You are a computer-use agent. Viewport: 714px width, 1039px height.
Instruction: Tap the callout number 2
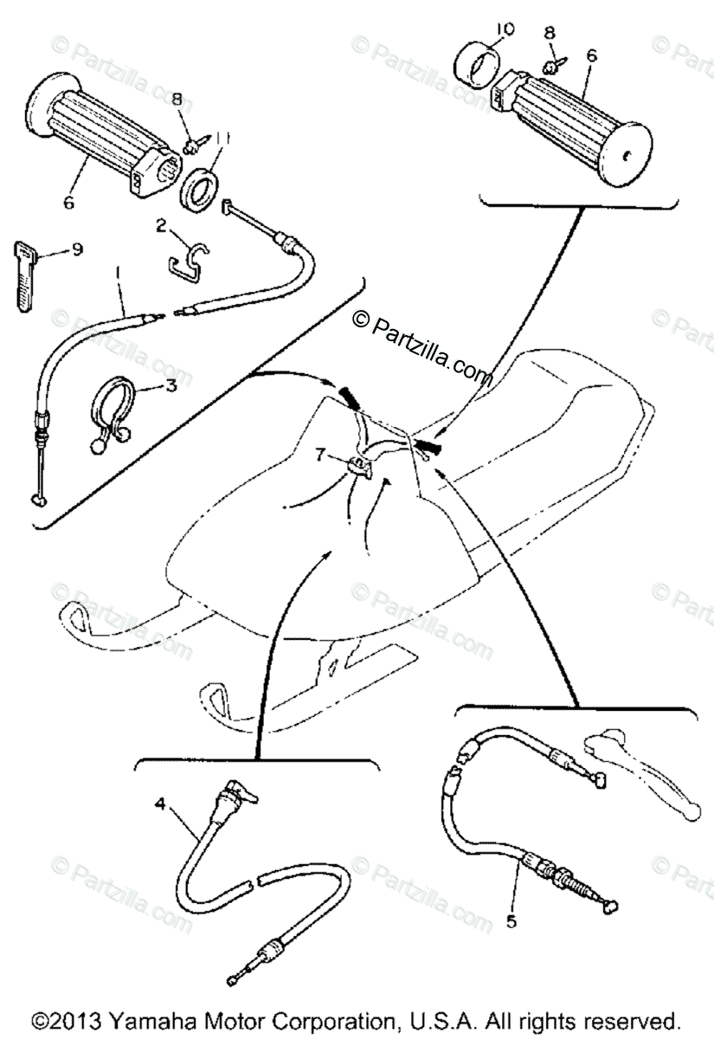coord(161,226)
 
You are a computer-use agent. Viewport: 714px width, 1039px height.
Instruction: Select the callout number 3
coord(170,385)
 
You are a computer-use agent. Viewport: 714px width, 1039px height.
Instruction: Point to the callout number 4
coord(159,803)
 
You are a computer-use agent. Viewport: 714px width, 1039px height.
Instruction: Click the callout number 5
coord(512,921)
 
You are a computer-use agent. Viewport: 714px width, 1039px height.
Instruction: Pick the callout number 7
coord(321,452)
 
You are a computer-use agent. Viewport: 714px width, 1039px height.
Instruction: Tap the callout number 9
coord(77,250)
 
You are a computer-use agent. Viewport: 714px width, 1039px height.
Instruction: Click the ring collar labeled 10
coord(477,63)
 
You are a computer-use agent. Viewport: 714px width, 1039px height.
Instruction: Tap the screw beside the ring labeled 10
coord(550,65)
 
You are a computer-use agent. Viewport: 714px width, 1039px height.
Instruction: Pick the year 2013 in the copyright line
coord(61,1020)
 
